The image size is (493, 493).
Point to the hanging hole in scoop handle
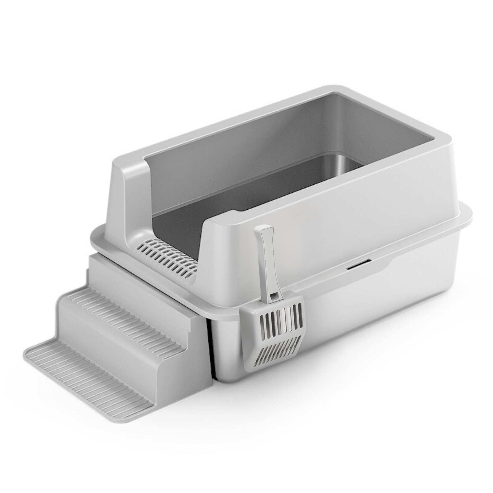(x=272, y=297)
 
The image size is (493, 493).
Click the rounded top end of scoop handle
(x=267, y=227)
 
